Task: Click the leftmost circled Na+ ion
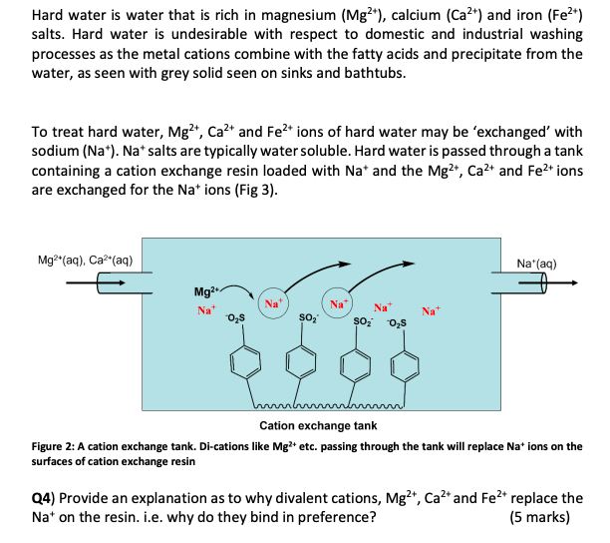pos(272,302)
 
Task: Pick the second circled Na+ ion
pos(339,302)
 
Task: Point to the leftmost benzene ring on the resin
pos(244,362)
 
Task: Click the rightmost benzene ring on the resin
pos(405,364)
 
